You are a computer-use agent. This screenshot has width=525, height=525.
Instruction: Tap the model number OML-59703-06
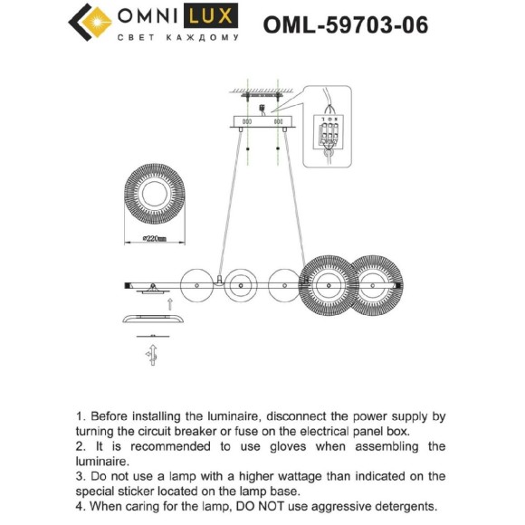(345, 24)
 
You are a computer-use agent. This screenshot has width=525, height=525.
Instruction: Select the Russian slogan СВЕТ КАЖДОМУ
(178, 38)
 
